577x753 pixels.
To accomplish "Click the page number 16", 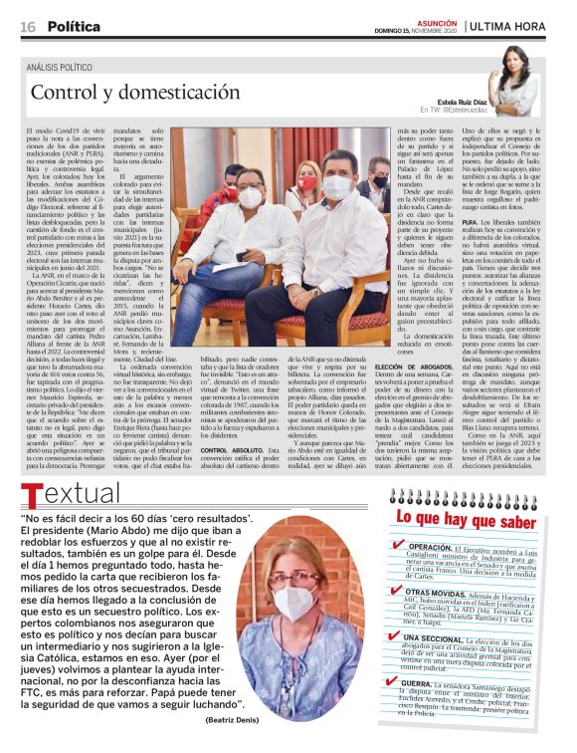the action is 29,26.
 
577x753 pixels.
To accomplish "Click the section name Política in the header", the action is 74,26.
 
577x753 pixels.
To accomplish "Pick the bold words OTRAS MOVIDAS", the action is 444,593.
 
